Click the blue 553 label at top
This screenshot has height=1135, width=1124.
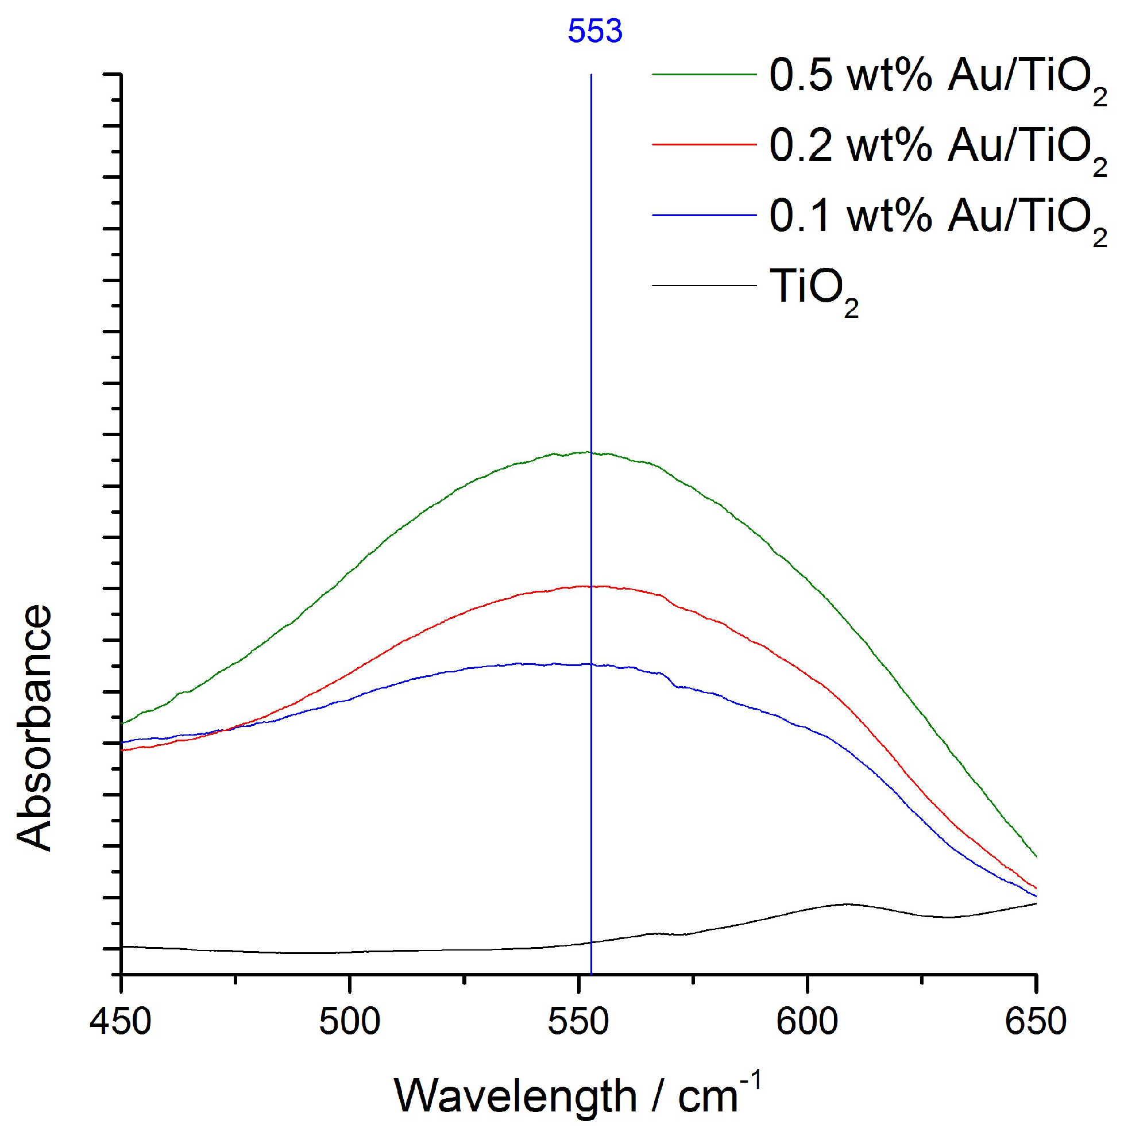[594, 31]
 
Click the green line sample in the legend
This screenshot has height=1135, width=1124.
[704, 75]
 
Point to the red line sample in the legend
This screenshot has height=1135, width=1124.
[704, 144]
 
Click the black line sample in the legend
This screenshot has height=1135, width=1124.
[704, 286]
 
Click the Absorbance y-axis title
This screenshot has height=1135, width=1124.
[34, 728]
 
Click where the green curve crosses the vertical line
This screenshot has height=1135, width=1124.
[591, 452]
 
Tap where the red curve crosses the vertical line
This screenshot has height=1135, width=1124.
[591, 586]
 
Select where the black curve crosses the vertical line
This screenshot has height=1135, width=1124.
[591, 942]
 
